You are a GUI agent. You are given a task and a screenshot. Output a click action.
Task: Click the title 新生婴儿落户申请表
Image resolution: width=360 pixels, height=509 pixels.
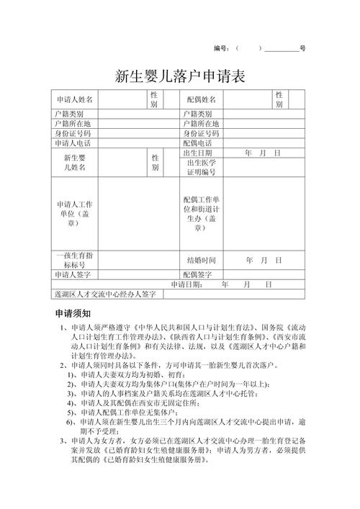tap(180, 76)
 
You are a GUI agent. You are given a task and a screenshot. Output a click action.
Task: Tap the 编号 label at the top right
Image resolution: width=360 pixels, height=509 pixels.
tap(221, 48)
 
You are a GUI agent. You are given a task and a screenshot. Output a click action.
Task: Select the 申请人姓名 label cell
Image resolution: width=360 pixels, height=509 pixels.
tap(74, 99)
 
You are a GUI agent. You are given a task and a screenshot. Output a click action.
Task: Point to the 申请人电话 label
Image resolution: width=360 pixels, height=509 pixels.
tap(74, 143)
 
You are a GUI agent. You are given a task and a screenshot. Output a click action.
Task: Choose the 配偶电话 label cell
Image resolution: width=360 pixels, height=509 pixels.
tap(198, 143)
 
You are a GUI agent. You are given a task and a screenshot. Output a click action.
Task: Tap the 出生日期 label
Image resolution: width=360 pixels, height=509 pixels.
tap(198, 153)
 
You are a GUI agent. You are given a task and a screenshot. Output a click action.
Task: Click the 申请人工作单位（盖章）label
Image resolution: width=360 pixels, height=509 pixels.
tap(75, 214)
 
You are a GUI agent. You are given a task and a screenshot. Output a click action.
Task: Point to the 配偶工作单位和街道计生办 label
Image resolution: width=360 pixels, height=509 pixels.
tap(202, 213)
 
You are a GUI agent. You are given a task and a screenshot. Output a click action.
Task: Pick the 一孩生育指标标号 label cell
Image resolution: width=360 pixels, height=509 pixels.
tap(75, 260)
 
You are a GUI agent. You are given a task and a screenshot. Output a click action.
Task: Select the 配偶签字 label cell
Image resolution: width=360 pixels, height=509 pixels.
tap(198, 274)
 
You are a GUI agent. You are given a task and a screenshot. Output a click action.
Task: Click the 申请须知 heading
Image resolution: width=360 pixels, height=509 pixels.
tap(73, 315)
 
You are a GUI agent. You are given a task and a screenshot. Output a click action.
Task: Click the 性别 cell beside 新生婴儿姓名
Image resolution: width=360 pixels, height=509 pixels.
tap(155, 162)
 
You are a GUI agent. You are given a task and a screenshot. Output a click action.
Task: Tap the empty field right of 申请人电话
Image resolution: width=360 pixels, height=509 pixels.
tap(138, 143)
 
